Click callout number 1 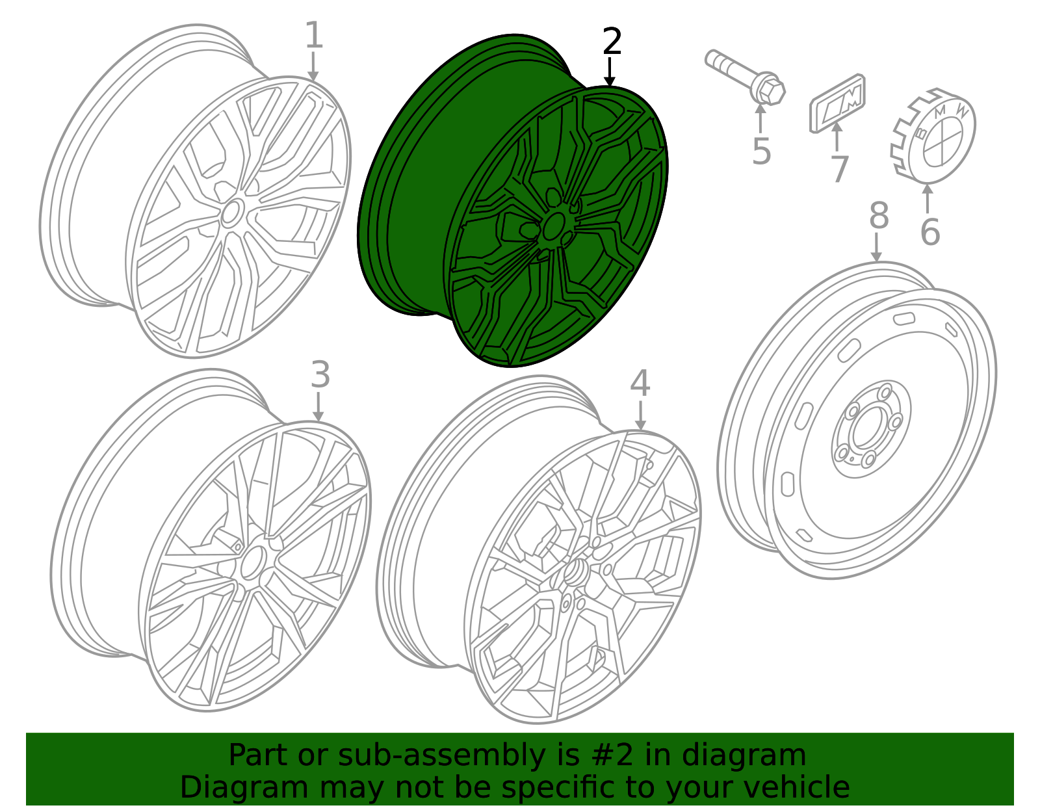[313, 36]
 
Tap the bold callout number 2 [612, 42]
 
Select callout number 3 [320, 376]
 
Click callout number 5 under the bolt [761, 152]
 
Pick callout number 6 [929, 232]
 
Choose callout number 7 [839, 170]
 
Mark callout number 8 [878, 216]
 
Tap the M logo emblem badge [838, 103]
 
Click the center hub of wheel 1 [231, 213]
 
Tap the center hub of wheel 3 [252, 562]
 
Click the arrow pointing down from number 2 [609, 72]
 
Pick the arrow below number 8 [876, 248]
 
